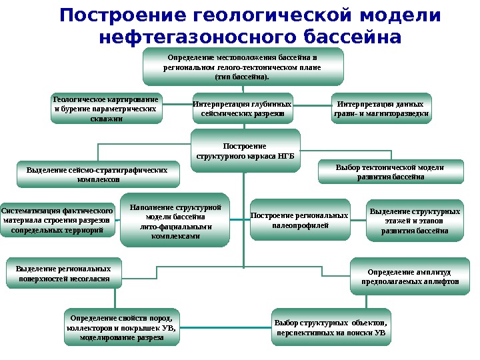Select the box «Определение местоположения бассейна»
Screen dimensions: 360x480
tap(242, 67)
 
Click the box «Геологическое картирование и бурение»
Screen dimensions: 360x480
tap(106, 109)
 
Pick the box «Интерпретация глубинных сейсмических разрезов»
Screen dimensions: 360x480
tap(242, 109)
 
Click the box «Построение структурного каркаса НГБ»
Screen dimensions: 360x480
tap(245, 151)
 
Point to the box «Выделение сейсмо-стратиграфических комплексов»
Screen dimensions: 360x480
tap(97, 175)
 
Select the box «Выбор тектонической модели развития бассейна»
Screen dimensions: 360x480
tap(390, 172)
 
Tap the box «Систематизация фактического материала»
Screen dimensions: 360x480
tap(57, 221)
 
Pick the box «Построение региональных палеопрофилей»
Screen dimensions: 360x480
tap(300, 221)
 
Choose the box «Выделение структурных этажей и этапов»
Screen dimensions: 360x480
tap(415, 221)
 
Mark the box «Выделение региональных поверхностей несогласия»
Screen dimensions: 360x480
tap(64, 273)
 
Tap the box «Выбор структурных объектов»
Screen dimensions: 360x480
tap(331, 327)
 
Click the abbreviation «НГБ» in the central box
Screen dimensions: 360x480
tap(283, 156)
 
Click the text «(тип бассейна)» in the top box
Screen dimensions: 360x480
tap(242, 77)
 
